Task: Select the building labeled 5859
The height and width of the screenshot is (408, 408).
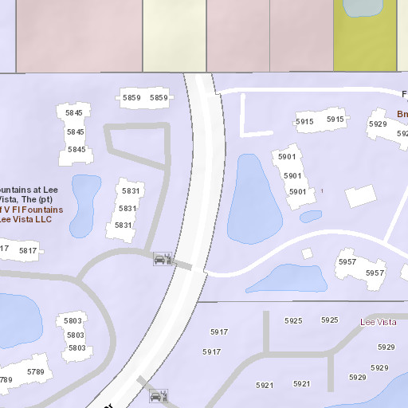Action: [145, 99]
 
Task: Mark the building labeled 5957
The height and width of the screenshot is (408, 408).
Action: [360, 268]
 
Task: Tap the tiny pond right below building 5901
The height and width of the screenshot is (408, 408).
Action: [310, 216]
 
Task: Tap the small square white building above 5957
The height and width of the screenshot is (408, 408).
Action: [307, 253]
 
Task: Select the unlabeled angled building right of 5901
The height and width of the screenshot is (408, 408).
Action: [360, 196]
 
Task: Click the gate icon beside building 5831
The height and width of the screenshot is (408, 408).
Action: [162, 258]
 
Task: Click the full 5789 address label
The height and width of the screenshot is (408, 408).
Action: [36, 372]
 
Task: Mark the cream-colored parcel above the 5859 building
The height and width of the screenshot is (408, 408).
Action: [175, 36]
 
